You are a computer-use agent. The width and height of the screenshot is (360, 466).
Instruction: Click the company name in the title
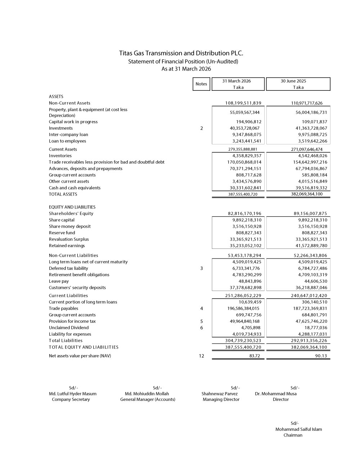pos(181,53)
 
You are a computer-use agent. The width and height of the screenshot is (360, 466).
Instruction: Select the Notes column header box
pos(201,84)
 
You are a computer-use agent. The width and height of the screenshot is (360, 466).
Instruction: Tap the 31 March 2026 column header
pos(238,84)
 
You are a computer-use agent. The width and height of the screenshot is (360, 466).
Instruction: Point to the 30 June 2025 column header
pos(298,84)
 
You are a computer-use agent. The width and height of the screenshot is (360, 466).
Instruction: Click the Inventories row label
pos(60,156)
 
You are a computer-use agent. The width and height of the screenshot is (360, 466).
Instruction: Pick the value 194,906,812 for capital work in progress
pos(249,122)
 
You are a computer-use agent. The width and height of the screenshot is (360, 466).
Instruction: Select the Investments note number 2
pos(202,128)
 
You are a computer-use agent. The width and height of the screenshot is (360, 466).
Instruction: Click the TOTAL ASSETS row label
pos(63,194)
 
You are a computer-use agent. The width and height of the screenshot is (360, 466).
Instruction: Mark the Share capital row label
pos(62,220)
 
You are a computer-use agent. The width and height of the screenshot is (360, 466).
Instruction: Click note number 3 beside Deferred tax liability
pos(202,268)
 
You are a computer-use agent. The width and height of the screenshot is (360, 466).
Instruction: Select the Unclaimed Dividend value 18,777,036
pos(316,328)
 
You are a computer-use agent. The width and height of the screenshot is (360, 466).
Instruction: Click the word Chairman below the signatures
pos(293,435)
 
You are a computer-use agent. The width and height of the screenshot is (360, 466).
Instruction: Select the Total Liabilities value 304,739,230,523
pos(241,341)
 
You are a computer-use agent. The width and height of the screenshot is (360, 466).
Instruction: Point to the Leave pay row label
pos(59,281)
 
